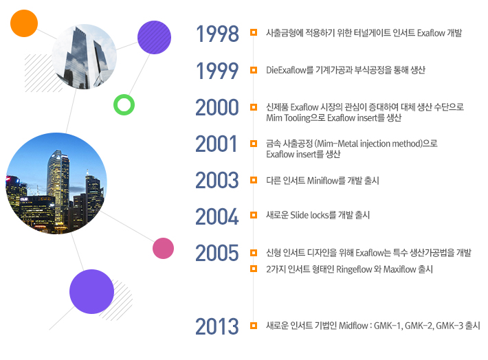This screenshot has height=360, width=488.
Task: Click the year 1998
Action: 217,34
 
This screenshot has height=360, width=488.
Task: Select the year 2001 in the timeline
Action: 216,144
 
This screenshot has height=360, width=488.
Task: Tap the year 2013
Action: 217,326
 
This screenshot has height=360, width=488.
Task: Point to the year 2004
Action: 217,216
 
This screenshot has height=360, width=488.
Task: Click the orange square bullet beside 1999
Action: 254,70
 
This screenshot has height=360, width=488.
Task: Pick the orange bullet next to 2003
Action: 254,180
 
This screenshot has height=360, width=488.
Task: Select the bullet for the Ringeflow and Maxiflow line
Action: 254,269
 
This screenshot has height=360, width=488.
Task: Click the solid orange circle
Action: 24,23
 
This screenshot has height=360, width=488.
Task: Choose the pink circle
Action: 163,248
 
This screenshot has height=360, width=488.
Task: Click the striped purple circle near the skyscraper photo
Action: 154,37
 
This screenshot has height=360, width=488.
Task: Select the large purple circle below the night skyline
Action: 91,291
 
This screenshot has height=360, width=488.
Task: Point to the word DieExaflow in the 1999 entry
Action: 286,70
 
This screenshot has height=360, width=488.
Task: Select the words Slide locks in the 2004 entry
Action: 309,215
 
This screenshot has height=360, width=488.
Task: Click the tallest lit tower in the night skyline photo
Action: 58,187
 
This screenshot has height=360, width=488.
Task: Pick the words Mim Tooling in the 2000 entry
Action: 288,118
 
